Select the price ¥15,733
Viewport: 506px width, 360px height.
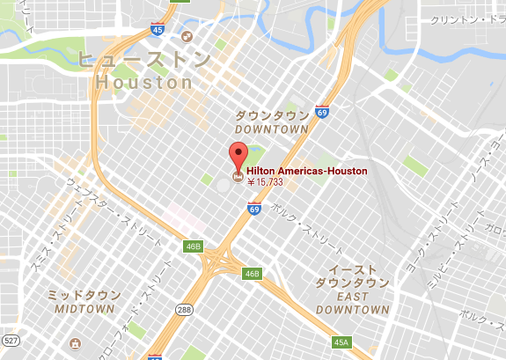click(266, 183)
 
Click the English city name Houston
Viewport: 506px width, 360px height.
click(143, 82)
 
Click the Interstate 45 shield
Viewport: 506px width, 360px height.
click(158, 29)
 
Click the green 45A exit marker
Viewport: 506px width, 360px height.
click(341, 342)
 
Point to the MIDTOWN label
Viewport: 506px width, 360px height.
click(84, 310)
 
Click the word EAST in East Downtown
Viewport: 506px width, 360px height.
click(352, 296)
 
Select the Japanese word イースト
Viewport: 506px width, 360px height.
click(352, 268)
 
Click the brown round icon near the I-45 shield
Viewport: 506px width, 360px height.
click(187, 36)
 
